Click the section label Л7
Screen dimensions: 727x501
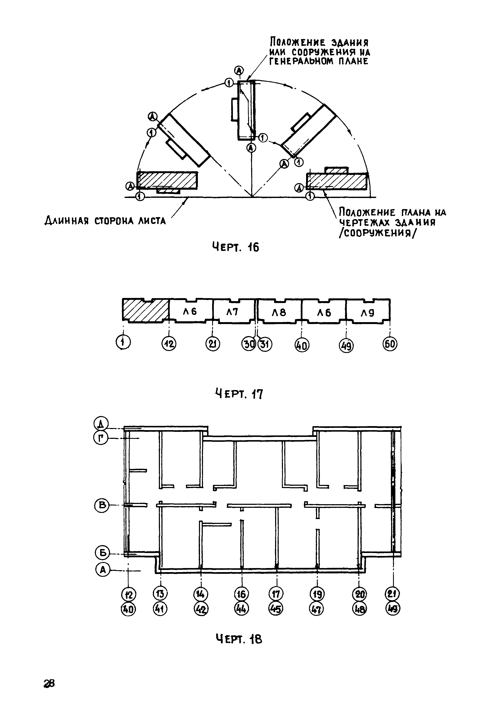232,312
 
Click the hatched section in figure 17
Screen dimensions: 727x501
145,310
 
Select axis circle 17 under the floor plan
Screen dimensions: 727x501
276,594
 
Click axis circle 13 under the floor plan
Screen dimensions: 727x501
160,594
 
